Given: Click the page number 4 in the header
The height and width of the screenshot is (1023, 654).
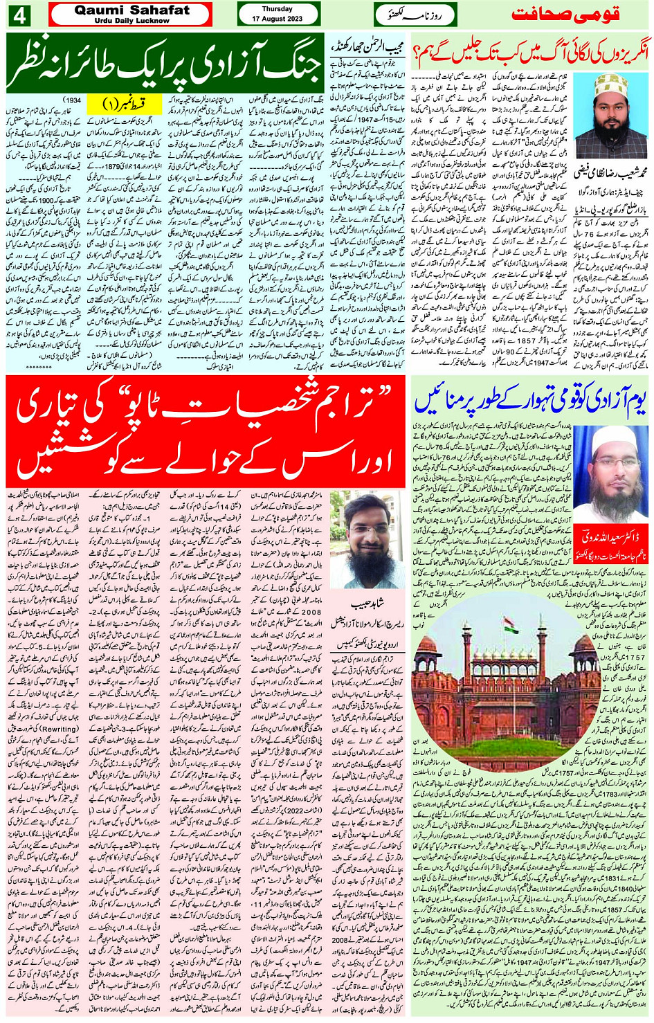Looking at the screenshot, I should click(x=17, y=15).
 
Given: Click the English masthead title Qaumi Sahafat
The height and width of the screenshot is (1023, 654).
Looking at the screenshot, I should click(x=131, y=10).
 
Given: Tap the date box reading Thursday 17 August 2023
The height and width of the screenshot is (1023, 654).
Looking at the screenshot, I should click(x=277, y=15).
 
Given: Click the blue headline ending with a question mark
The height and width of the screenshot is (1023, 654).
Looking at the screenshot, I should click(x=530, y=53).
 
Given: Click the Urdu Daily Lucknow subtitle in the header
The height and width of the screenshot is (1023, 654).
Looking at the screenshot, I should click(x=131, y=21).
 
